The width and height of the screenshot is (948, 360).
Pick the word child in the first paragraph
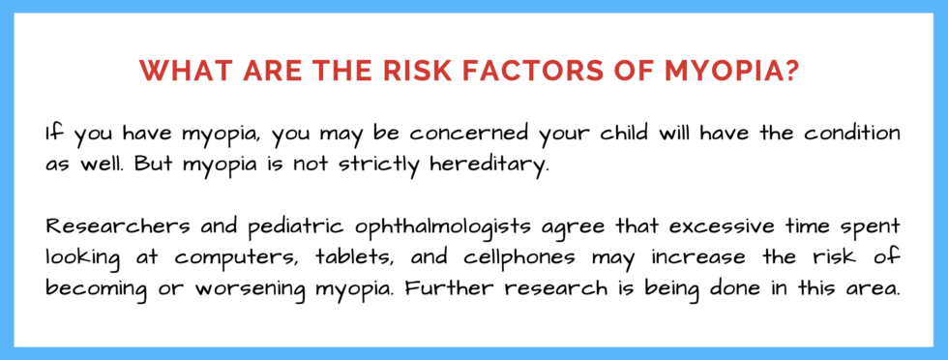point(607,132)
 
